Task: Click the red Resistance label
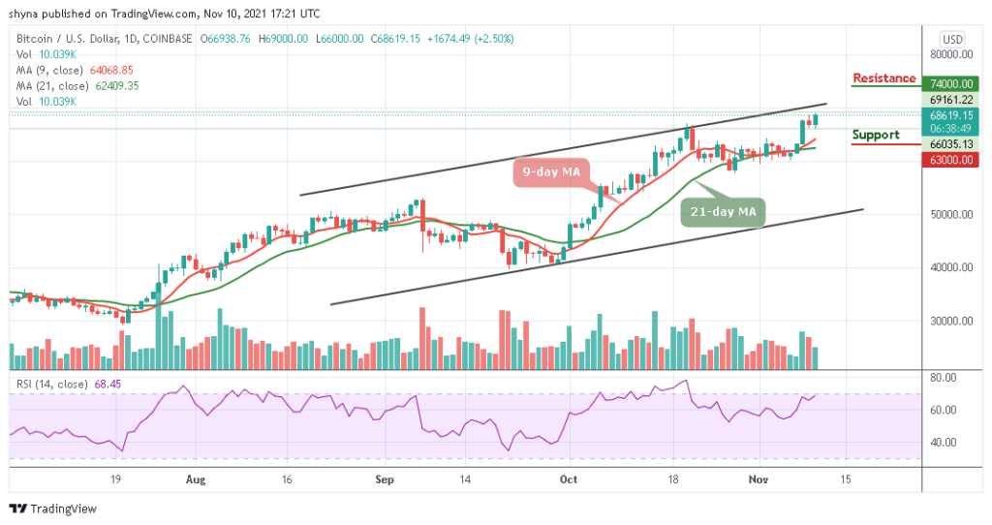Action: pos(883,78)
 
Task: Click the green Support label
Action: pos(876,135)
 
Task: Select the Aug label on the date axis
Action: pos(196,479)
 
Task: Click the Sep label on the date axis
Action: pos(385,479)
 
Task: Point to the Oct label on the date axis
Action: pos(569,479)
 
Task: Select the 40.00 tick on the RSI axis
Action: pos(944,443)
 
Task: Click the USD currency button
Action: pos(952,39)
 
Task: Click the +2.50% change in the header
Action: pos(495,39)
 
